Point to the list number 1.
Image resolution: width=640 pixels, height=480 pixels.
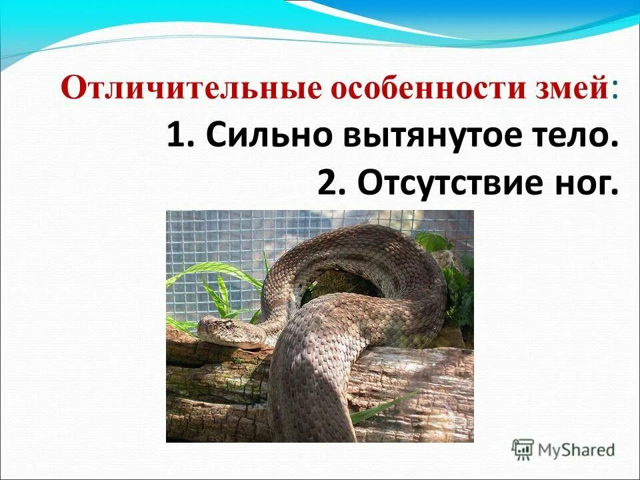click(178, 137)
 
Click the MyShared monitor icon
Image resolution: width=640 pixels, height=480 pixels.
click(523, 450)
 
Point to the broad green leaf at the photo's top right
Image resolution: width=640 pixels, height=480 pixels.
click(433, 241)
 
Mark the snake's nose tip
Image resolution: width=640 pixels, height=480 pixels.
click(200, 328)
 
